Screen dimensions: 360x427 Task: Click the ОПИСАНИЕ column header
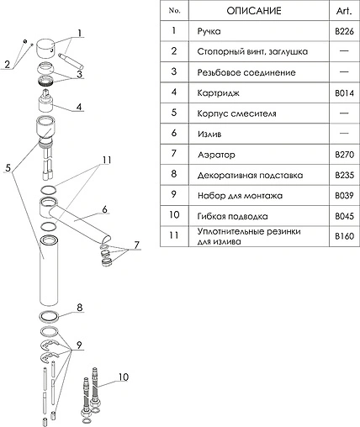pos(254,11)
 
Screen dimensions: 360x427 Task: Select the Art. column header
pos(344,11)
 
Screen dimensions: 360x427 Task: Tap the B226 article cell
pos(344,31)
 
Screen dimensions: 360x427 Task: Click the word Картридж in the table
pos(218,93)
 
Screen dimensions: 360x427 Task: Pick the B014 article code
pos(344,92)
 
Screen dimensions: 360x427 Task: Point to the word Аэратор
pos(216,155)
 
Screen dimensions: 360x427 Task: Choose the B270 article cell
pos(344,155)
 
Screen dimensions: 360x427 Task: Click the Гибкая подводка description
pos(232,216)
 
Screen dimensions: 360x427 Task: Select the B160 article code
pos(344,236)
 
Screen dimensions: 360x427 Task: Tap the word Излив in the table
pos(209,134)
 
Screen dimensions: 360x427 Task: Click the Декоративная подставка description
pos(250,176)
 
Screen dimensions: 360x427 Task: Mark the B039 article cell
pos(344,195)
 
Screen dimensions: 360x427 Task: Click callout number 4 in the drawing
pos(79,107)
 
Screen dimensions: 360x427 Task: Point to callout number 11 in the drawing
pos(107,160)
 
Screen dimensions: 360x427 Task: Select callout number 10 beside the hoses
pos(124,377)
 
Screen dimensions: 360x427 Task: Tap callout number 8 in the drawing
pos(80,308)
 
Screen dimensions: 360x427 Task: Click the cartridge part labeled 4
pos(45,101)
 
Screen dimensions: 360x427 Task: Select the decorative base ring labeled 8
pos(49,316)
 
